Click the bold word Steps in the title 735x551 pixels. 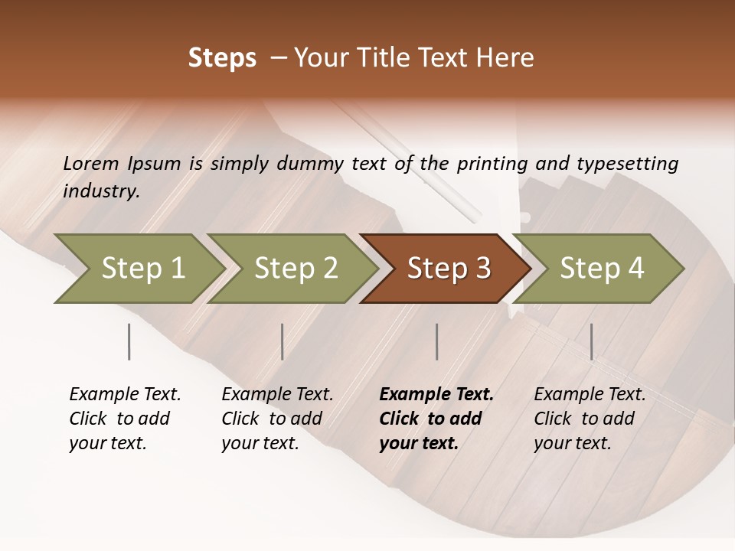pyautogui.click(x=222, y=58)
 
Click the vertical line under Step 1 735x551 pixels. pyautogui.click(x=129, y=341)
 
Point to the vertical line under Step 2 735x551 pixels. pyautogui.click(x=283, y=341)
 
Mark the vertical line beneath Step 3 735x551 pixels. pyautogui.click(x=437, y=341)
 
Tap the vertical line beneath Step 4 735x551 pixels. pyautogui.click(x=591, y=341)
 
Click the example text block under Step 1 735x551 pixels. pyautogui.click(x=125, y=419)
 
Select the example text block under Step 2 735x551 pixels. pyautogui.click(x=277, y=419)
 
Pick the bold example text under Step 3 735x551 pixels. pyautogui.click(x=436, y=419)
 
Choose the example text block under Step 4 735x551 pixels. pyautogui.click(x=590, y=419)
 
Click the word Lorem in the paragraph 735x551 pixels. pyautogui.click(x=91, y=163)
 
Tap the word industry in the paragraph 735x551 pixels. pyautogui.click(x=100, y=191)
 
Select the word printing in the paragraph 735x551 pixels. pyautogui.click(x=492, y=164)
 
